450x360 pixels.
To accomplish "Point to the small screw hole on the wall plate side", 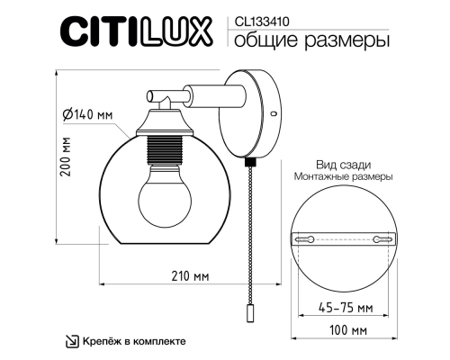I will point(273,114).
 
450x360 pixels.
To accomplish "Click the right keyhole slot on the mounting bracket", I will point(382,239).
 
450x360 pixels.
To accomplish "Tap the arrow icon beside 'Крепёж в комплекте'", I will point(71,341).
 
